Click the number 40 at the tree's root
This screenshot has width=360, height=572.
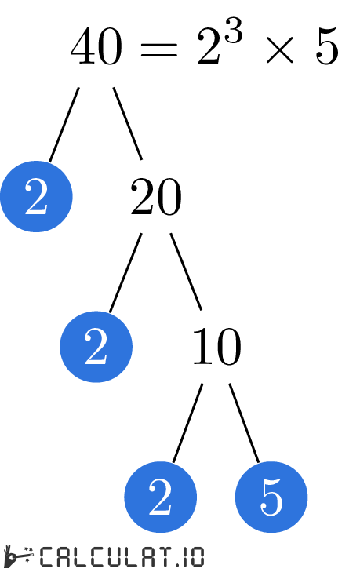96,49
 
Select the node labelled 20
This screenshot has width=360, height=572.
155,198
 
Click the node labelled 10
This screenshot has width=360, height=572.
216,348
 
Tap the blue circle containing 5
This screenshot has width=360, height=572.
271,497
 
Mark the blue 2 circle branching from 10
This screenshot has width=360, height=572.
160,497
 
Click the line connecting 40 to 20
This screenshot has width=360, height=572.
127,122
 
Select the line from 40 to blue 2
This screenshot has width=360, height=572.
64,124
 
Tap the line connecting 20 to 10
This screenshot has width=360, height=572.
186,271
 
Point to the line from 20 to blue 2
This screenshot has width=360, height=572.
125,272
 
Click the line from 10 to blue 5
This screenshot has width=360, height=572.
244,422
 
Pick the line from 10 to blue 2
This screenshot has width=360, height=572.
187,423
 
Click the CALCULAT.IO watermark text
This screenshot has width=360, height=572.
122,558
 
